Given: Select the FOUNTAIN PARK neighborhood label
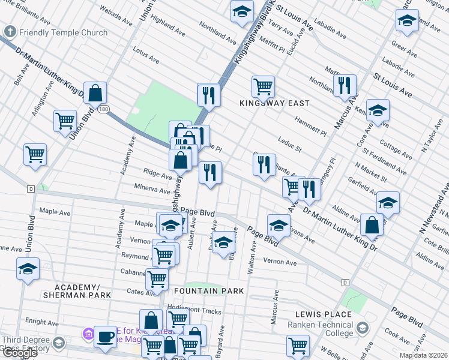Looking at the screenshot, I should point(208,291).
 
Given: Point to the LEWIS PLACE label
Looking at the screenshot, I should point(323,314).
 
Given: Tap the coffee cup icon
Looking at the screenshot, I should point(106,337).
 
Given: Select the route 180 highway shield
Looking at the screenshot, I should point(104,109).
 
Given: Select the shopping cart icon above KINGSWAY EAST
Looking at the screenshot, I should point(263,86).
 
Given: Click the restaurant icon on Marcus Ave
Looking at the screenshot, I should point(345,86).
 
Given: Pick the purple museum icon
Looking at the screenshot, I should point(88,333).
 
